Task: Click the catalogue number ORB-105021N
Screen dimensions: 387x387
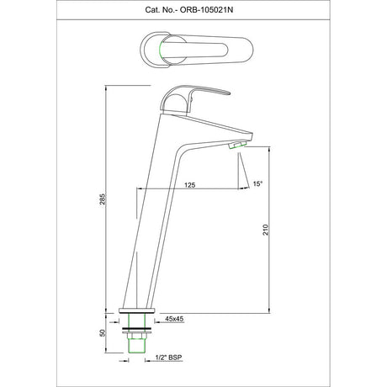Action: (206, 10)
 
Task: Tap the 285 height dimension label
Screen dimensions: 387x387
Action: (103, 199)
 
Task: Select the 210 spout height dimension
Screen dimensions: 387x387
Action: (266, 230)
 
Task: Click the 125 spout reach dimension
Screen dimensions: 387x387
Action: (190, 185)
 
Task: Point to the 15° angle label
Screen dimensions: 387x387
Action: (257, 183)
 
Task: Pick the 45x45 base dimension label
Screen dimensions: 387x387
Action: (174, 319)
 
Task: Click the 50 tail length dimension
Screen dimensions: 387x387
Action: (103, 332)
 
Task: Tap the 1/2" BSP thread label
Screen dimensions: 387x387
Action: (168, 358)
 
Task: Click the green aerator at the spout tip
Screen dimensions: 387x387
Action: (237, 145)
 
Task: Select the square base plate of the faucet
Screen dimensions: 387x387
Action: (136, 310)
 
